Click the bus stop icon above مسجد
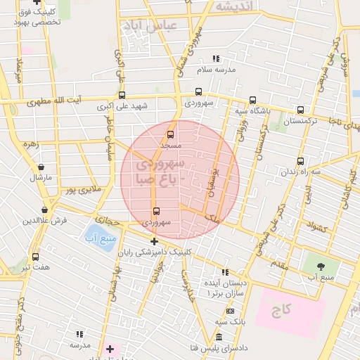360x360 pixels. (169, 134)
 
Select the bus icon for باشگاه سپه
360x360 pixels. (252, 101)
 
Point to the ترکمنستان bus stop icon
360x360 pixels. (300, 110)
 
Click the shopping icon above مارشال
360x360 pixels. (41, 168)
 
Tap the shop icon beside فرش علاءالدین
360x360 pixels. (45, 210)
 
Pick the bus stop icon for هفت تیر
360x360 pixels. (35, 257)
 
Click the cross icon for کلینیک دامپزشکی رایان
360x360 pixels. (154, 242)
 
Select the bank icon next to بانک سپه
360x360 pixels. (230, 311)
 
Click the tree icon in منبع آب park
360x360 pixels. (321, 266)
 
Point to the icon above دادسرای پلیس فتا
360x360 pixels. (219, 337)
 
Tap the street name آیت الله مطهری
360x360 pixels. (55, 102)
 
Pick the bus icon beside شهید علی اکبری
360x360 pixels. (122, 95)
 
